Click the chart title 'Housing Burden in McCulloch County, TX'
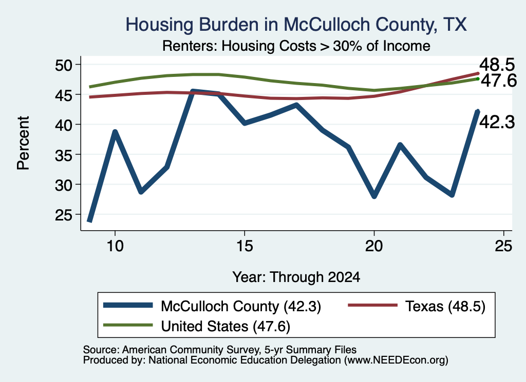tap(296, 25)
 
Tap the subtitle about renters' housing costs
tap(296, 46)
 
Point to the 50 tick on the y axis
tap(64, 65)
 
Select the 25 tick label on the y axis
tap(64, 215)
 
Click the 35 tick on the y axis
tap(64, 155)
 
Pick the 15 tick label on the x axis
tap(245, 247)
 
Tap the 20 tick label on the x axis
tap(374, 247)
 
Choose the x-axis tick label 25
tap(503, 247)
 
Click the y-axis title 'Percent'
tap(24, 143)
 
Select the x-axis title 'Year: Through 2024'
tap(296, 277)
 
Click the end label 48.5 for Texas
tap(497, 65)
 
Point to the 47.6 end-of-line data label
tap(499, 81)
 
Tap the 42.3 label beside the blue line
tap(497, 122)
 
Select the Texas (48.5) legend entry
tap(417, 306)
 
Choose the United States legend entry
tap(197, 326)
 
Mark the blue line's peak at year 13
tap(193, 91)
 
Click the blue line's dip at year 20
tap(374, 196)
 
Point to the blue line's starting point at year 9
tap(89, 221)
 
